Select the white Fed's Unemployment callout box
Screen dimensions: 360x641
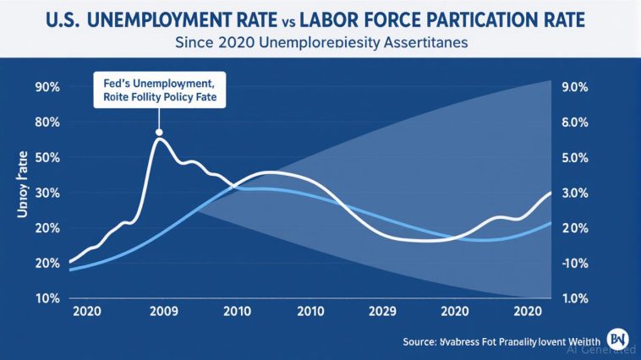(158, 90)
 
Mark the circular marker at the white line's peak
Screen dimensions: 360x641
(158, 132)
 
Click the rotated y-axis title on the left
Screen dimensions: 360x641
(23, 184)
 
